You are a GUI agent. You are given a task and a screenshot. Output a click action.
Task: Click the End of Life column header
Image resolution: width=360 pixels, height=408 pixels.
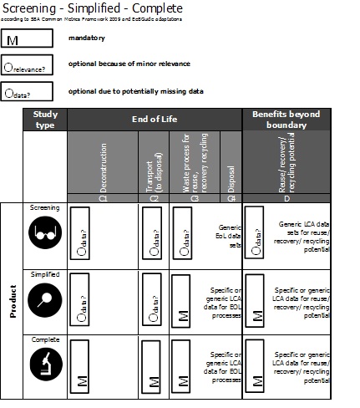[x=154, y=120]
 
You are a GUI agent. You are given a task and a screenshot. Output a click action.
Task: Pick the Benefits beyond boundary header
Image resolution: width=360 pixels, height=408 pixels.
[x=286, y=119]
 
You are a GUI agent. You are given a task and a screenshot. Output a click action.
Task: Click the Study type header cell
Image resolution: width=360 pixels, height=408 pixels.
[x=44, y=120]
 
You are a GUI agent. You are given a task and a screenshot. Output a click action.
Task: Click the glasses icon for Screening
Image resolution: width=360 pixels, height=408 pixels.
[x=44, y=235]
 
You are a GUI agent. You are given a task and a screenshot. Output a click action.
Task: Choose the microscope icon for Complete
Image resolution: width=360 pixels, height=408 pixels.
[x=44, y=364]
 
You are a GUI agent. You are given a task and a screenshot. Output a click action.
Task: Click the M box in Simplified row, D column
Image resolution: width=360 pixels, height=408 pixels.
[x=256, y=299]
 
